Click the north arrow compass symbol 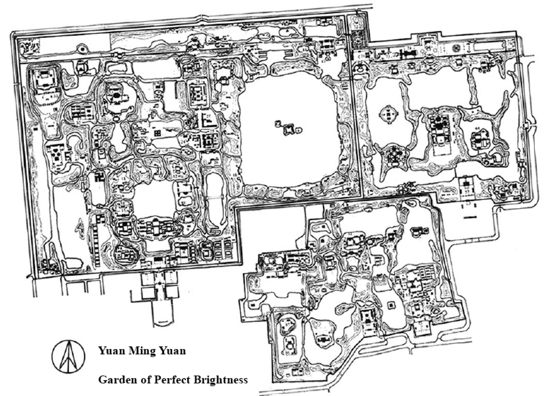click(68, 356)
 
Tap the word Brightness click(222, 380)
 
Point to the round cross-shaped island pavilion click(387, 115)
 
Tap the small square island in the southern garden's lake click(391, 304)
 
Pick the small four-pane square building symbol click(157, 133)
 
